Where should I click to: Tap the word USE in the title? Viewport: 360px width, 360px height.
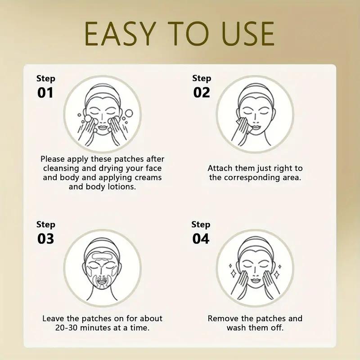point(244,33)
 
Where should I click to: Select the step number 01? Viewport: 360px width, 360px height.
point(45,93)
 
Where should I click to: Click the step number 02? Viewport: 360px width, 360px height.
point(202,92)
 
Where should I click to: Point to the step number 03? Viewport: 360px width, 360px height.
point(45,238)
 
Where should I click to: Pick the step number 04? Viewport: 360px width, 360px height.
point(201,238)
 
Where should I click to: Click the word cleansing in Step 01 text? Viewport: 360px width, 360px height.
point(60,168)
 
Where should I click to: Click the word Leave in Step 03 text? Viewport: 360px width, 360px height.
point(54,319)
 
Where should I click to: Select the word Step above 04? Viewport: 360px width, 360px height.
point(201,224)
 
